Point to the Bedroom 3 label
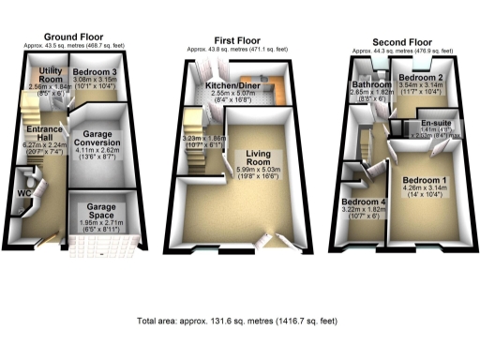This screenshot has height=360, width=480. [x=95, y=72]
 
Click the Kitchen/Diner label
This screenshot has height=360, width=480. [x=241, y=84]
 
